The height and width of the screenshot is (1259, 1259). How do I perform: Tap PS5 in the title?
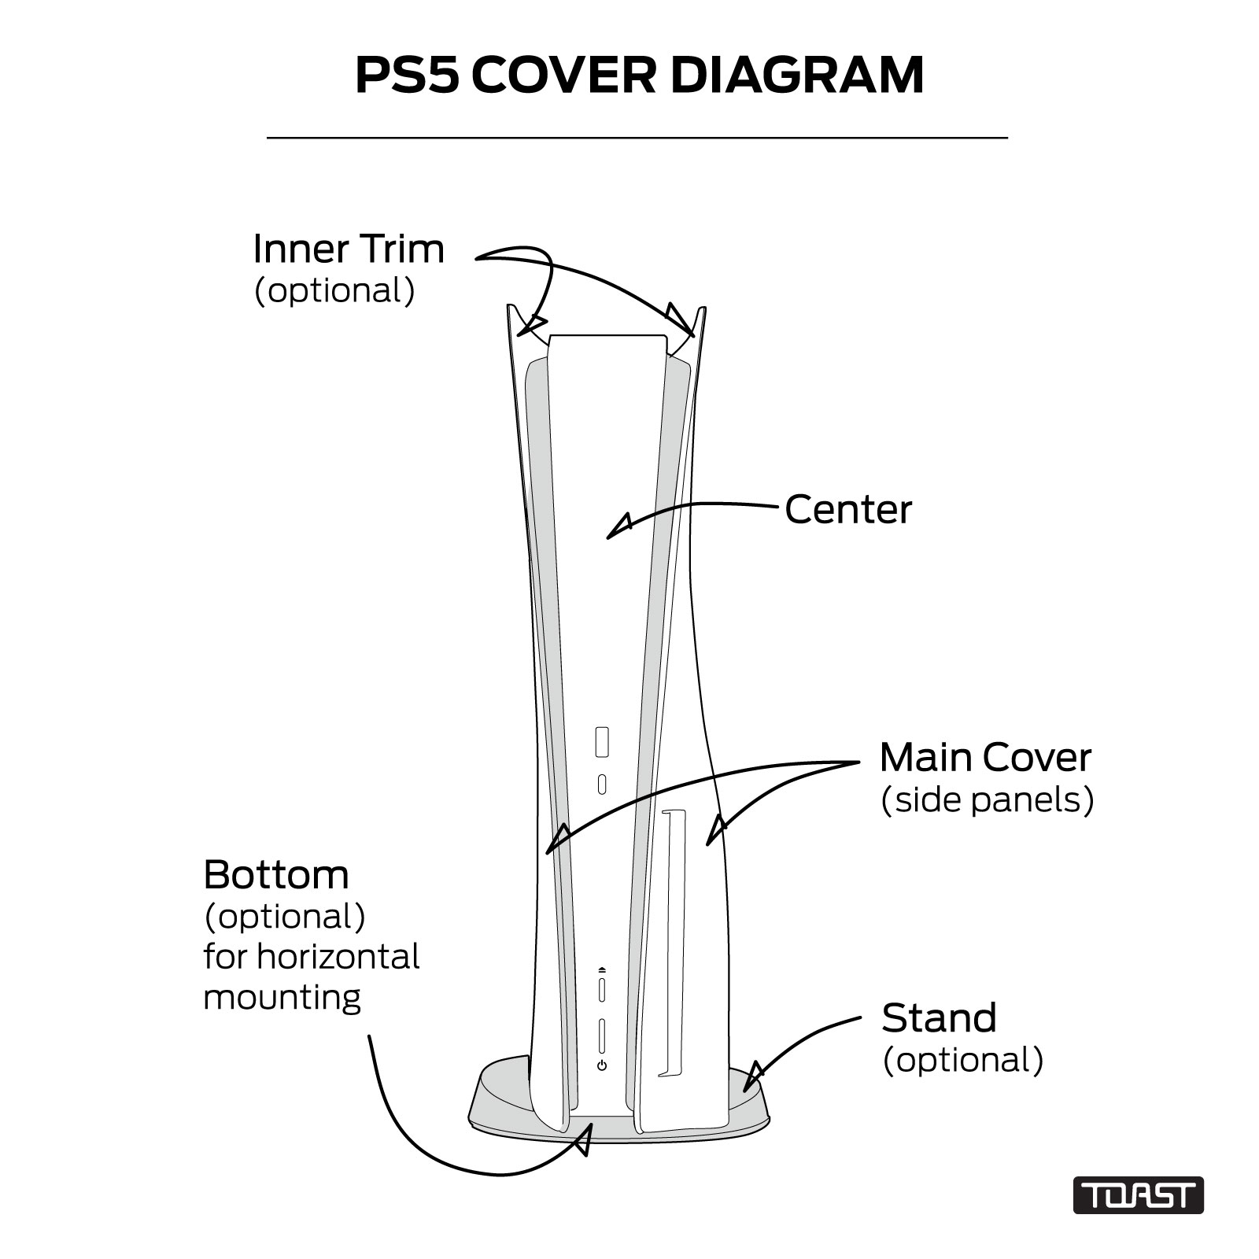click(x=406, y=76)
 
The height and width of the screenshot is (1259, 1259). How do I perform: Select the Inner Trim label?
click(x=349, y=249)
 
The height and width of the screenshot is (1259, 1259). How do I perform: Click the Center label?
click(x=848, y=510)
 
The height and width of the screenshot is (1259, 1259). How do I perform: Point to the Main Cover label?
click(x=985, y=758)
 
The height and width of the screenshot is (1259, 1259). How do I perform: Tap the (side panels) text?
click(x=988, y=800)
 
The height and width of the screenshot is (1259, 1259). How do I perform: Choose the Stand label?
click(x=939, y=1018)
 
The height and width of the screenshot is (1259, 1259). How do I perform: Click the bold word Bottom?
click(x=276, y=874)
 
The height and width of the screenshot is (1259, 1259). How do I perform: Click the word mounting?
click(x=282, y=999)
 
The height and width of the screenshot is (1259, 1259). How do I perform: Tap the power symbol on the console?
click(x=602, y=1065)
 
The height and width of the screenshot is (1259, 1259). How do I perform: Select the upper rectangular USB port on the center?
click(x=602, y=743)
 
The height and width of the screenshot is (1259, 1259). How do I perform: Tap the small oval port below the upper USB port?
click(x=602, y=785)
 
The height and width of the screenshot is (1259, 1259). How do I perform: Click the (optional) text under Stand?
click(x=963, y=1060)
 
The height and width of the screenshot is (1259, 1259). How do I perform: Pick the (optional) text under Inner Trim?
click(x=334, y=291)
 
